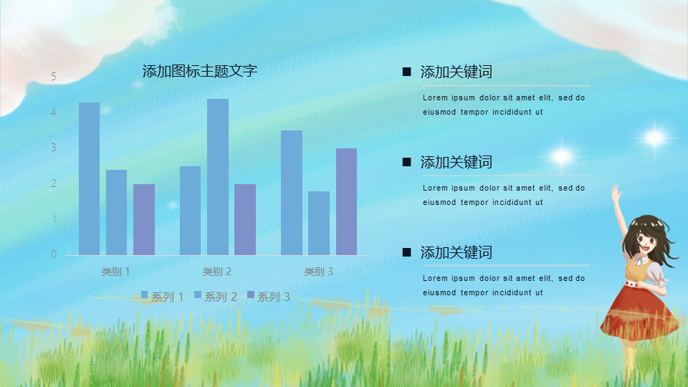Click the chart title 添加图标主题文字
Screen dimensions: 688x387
(200, 71)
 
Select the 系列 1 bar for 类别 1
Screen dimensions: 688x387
(89, 178)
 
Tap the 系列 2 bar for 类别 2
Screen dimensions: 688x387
(218, 177)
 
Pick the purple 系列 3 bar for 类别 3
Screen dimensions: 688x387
(346, 201)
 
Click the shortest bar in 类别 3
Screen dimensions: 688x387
(319, 223)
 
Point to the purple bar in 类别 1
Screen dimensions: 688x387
(144, 219)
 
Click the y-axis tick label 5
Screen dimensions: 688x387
(54, 77)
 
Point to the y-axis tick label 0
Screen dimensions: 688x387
(54, 254)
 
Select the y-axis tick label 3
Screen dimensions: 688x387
(54, 148)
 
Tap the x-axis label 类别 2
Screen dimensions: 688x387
(216, 272)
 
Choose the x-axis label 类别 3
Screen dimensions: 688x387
(318, 272)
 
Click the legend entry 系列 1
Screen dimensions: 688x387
(163, 297)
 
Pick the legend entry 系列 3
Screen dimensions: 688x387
(269, 297)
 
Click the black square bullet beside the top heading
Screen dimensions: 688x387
(407, 72)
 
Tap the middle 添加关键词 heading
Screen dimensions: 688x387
(457, 163)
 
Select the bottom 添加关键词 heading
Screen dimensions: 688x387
(457, 253)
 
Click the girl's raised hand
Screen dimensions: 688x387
(616, 193)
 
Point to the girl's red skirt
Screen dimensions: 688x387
(639, 312)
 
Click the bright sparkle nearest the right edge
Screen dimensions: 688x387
(654, 138)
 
